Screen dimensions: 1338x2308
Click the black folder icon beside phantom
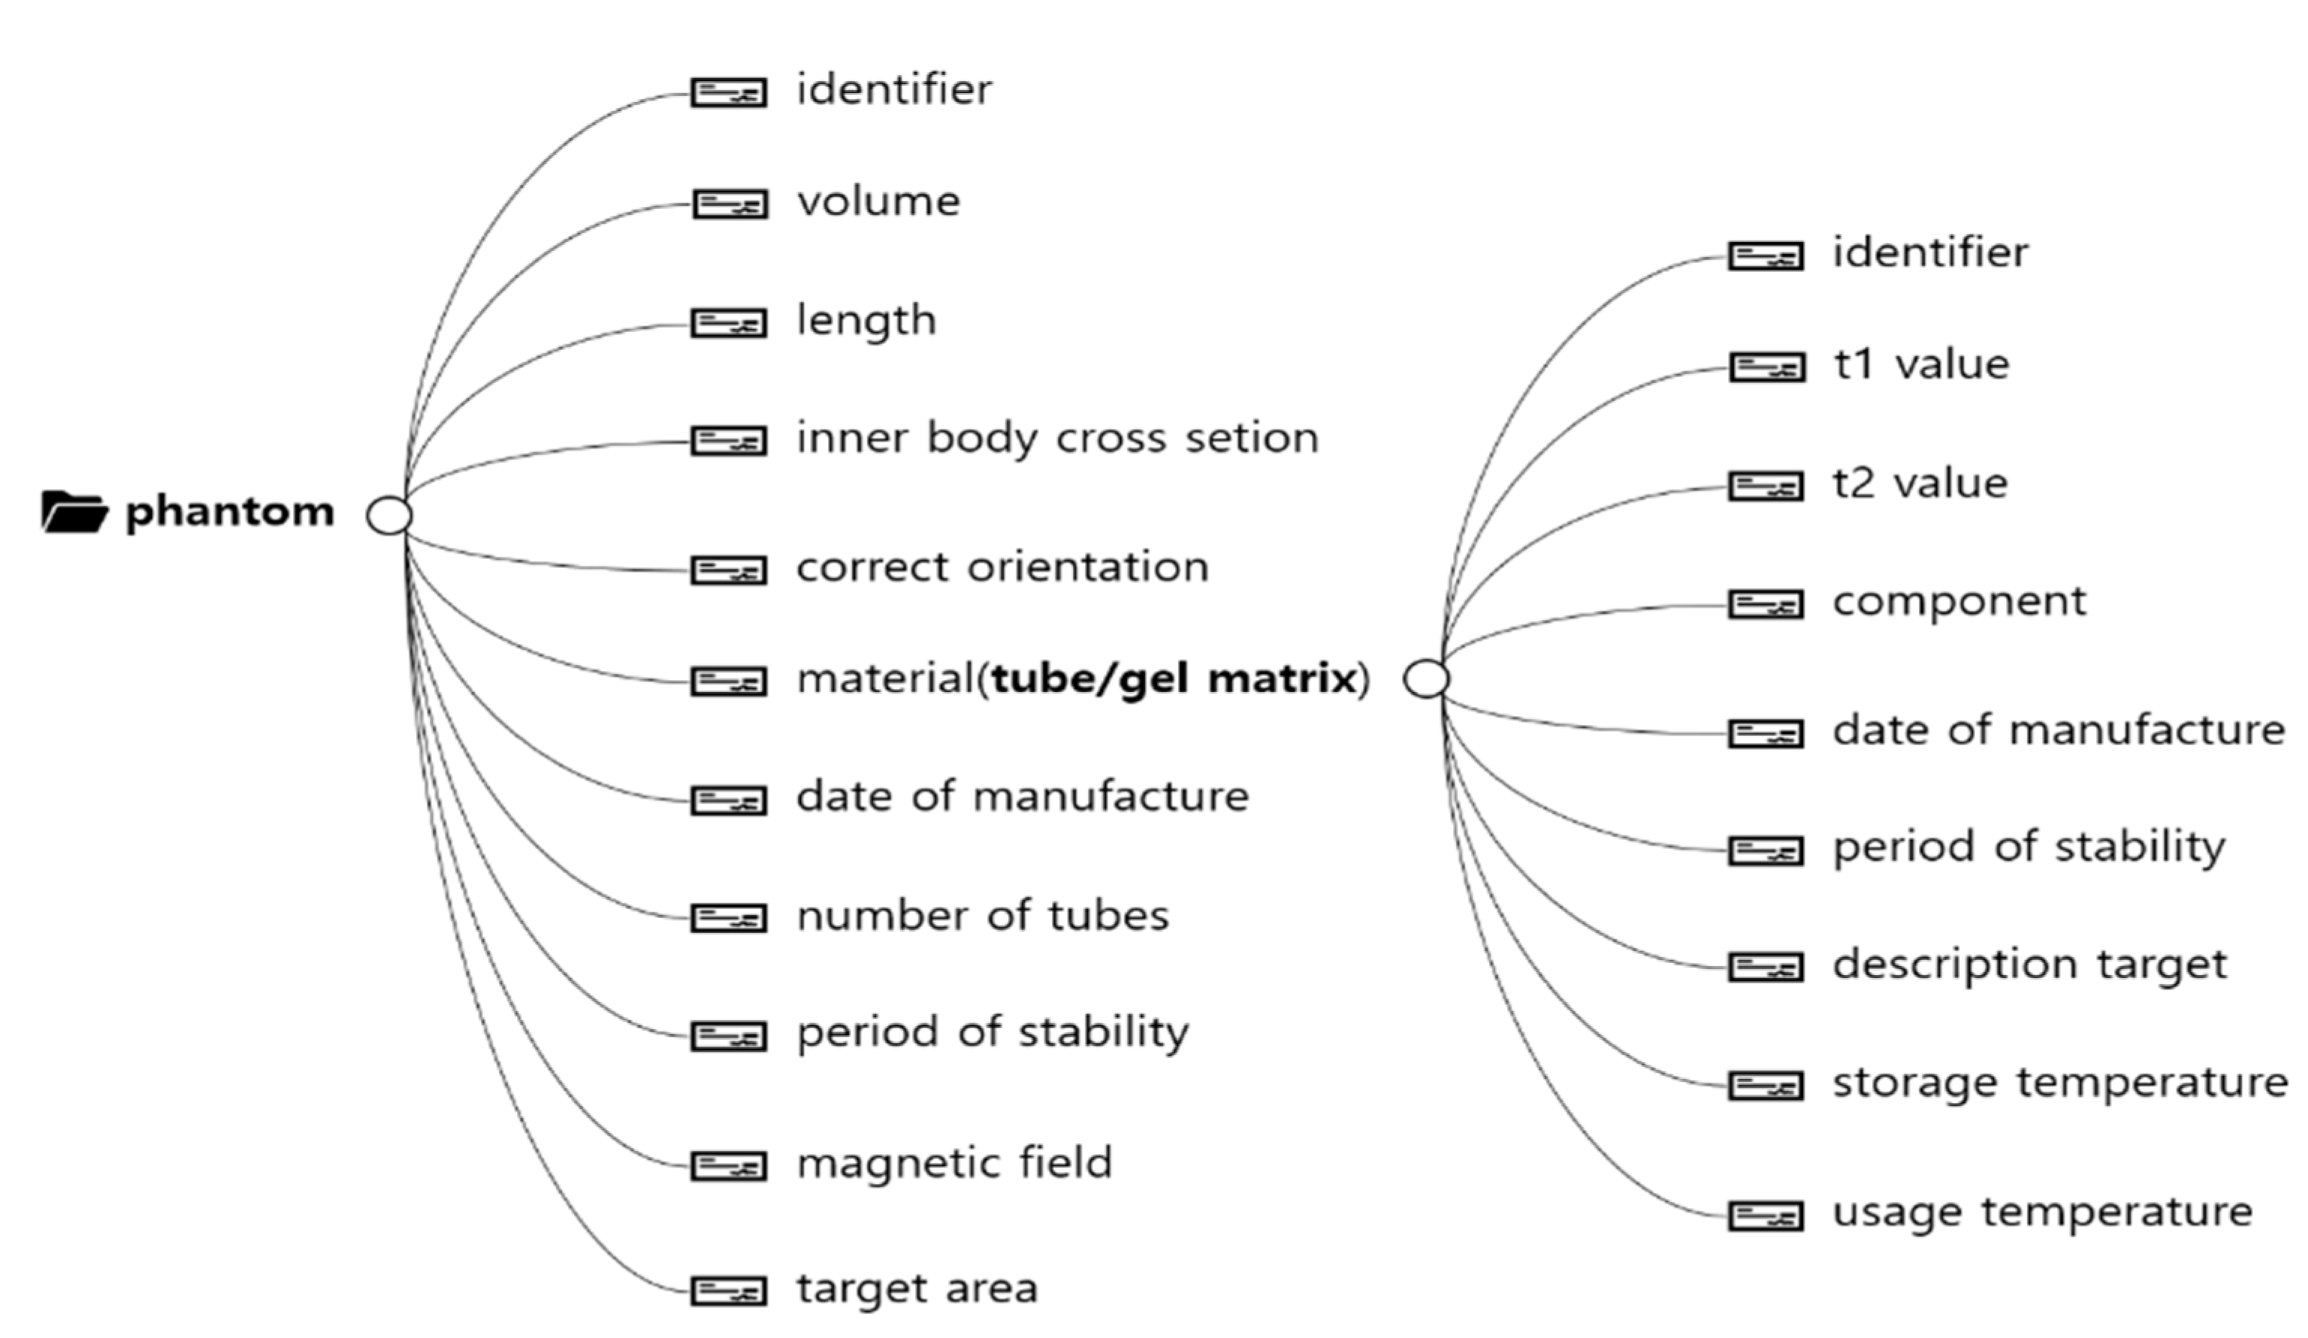(x=74, y=512)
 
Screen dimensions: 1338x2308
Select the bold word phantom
(x=230, y=512)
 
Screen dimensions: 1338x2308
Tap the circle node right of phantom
(x=389, y=515)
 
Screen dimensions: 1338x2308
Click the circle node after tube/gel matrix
(x=1426, y=678)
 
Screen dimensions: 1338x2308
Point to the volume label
(x=878, y=201)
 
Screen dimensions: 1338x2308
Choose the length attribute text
(x=866, y=321)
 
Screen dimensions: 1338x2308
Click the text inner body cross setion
(x=1057, y=438)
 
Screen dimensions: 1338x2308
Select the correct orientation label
(x=1002, y=568)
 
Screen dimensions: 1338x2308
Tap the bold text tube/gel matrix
(x=1174, y=678)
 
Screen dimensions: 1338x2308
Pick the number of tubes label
(x=983, y=916)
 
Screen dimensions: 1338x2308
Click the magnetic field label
(x=954, y=1163)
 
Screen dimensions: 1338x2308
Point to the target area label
(x=917, y=1288)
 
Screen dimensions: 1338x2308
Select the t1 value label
(x=1920, y=364)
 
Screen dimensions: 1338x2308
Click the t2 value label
(x=1920, y=484)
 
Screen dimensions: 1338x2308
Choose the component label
(x=1959, y=602)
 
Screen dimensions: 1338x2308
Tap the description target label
(x=2029, y=965)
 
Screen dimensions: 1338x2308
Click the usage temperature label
(x=2042, y=1212)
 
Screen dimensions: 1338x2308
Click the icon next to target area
(x=728, y=1291)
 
